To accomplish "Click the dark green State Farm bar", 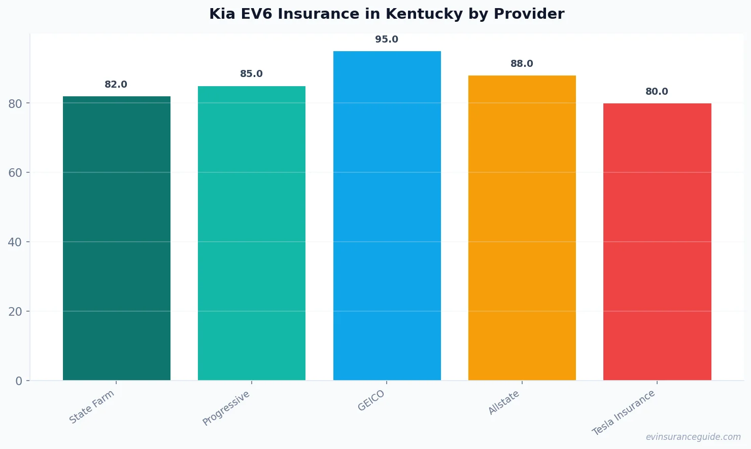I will point(117,238).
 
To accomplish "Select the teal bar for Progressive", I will point(252,233).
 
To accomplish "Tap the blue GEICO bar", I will point(387,215).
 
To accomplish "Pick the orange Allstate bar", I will point(522,228).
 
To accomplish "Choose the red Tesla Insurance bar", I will point(657,242).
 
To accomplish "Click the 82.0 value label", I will point(116,85).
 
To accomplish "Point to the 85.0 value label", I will point(251,74).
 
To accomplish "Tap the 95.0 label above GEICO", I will point(387,40).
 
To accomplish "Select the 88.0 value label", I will point(522,64).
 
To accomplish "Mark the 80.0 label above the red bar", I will point(657,92).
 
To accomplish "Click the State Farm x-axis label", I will point(92,407).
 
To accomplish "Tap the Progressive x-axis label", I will point(226,408).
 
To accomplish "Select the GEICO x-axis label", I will point(371,401).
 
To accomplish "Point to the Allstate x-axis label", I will point(504,402).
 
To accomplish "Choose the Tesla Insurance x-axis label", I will point(624,413).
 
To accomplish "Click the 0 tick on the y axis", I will point(19,381).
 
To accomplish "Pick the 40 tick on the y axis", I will point(15,242).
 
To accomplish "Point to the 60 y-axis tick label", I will point(15,173).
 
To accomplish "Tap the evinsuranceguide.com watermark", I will point(693,437).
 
